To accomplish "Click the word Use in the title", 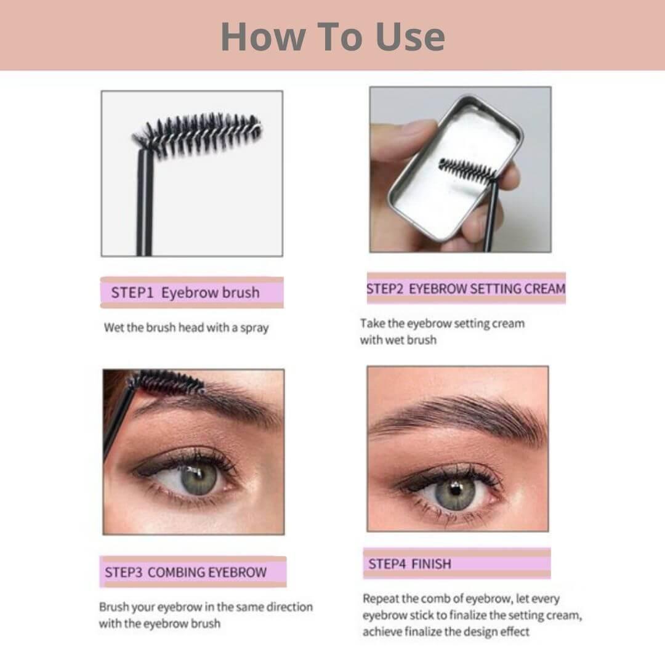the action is pos(411,37).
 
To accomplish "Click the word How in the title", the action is pos(262,37).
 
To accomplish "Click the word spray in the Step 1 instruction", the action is pos(254,328).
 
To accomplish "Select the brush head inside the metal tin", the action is pos(467,171).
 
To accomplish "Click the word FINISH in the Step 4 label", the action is pos(431,564).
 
